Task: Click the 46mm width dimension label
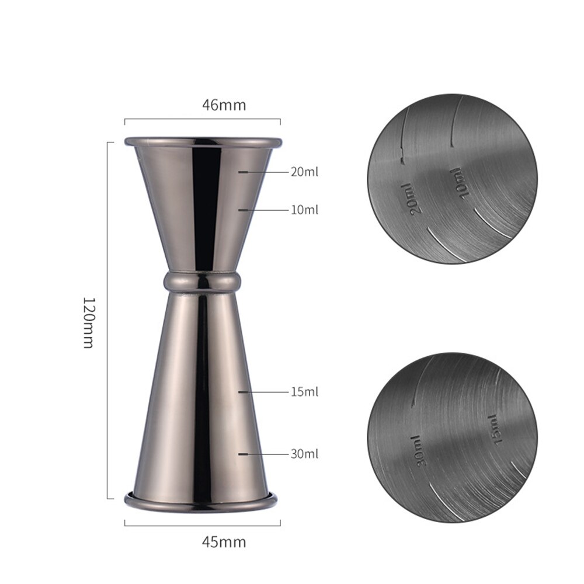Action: (224, 105)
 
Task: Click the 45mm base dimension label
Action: (224, 541)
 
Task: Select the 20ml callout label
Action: (304, 172)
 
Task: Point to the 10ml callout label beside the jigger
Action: (304, 210)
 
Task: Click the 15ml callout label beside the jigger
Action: (304, 392)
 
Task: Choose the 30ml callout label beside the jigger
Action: (304, 453)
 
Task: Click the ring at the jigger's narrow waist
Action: (202, 281)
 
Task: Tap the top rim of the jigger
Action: (203, 141)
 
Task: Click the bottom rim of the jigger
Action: (200, 500)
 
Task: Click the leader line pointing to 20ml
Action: (263, 172)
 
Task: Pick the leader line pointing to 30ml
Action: (263, 453)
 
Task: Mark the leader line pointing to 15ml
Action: (263, 392)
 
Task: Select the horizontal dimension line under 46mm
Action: (202, 120)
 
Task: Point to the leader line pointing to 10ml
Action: (263, 210)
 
